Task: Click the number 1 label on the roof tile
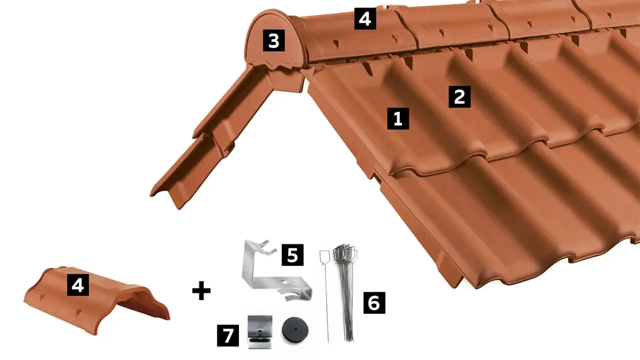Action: click(398, 118)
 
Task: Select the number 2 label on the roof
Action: click(459, 97)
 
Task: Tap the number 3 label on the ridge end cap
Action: click(273, 40)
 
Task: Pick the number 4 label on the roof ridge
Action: click(365, 18)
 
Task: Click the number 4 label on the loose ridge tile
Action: click(78, 285)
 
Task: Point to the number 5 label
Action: click(292, 255)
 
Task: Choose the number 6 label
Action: click(374, 303)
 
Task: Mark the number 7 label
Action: click(228, 335)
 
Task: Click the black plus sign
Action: click(201, 291)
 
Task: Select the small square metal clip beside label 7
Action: click(259, 332)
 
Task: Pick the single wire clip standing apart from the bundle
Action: click(325, 294)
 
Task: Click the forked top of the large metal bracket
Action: click(267, 246)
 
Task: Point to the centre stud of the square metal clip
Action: click(259, 331)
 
